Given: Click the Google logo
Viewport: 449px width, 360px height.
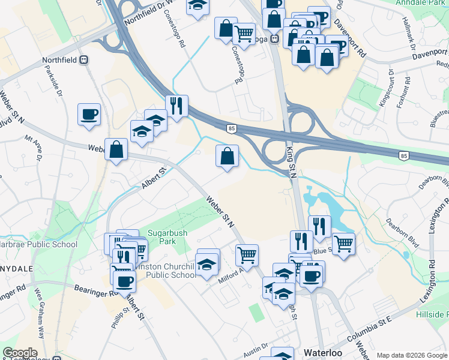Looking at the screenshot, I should (x=20, y=353).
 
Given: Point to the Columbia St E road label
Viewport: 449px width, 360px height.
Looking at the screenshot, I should (x=370, y=322).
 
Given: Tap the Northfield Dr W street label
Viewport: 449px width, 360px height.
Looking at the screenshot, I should (x=148, y=13).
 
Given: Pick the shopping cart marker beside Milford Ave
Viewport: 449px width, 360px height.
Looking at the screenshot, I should (x=247, y=255).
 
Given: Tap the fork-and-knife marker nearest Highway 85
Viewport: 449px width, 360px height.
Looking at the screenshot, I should (x=176, y=106).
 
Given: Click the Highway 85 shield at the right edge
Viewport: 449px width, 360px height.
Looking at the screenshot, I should (x=404, y=156).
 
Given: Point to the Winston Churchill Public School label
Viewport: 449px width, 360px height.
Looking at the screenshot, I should (x=166, y=270).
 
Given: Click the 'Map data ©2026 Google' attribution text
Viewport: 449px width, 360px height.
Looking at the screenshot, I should (x=412, y=355).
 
